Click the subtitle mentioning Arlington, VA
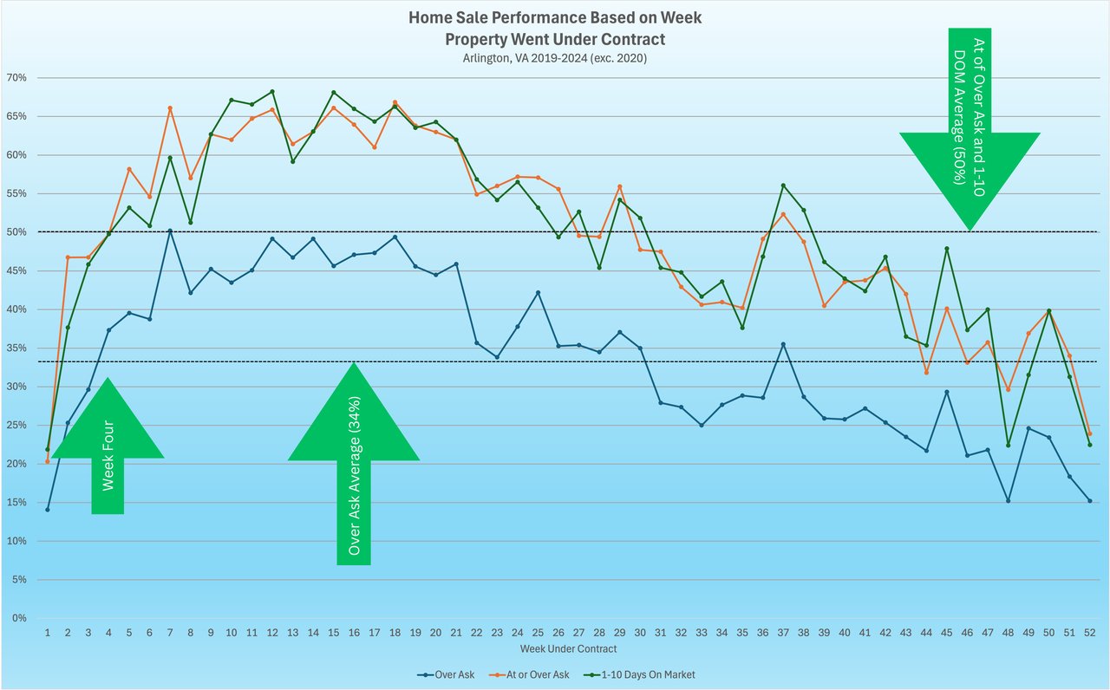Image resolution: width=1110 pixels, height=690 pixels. coord(555,58)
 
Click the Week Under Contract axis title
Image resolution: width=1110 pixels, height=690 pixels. coord(569,648)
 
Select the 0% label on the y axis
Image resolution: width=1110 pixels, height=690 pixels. coord(18,619)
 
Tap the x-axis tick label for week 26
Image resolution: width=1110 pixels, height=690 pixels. coord(558,634)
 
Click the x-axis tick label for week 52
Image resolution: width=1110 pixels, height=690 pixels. coord(1090,634)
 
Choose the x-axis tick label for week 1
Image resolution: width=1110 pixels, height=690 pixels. coord(48,634)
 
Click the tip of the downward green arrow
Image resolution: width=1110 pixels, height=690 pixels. coord(970,229)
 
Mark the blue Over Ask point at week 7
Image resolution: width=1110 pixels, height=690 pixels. coord(170,231)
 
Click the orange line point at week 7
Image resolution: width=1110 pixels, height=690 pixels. coord(170,108)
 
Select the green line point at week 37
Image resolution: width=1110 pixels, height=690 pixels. coord(783,186)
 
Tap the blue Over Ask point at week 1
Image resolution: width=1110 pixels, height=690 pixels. coord(48,510)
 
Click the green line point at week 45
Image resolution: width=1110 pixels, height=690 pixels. coord(947,249)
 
